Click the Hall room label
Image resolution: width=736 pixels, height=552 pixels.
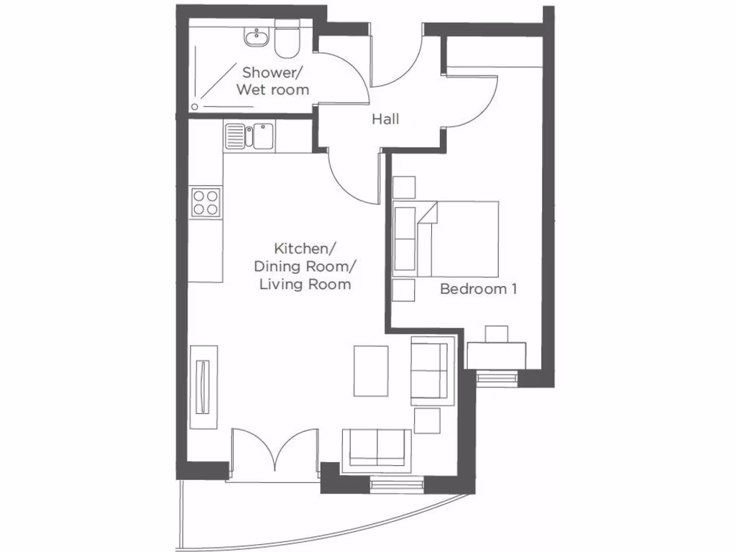coord(385,119)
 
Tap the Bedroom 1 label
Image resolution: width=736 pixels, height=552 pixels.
coord(479,289)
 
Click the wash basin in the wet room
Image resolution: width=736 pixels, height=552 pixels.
coord(255,37)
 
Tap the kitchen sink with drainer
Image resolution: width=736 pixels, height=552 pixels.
coord(248,135)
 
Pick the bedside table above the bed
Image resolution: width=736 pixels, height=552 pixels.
coord(404,187)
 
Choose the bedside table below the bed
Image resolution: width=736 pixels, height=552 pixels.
coord(404,290)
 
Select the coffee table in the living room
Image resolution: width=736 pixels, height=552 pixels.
coord(371,371)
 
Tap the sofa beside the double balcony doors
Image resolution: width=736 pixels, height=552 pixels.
coord(377,449)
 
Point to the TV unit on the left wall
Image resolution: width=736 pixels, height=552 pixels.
coord(204,386)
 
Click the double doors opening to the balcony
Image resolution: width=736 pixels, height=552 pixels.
coord(275,453)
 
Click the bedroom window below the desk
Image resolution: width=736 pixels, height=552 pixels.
coord(496,377)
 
